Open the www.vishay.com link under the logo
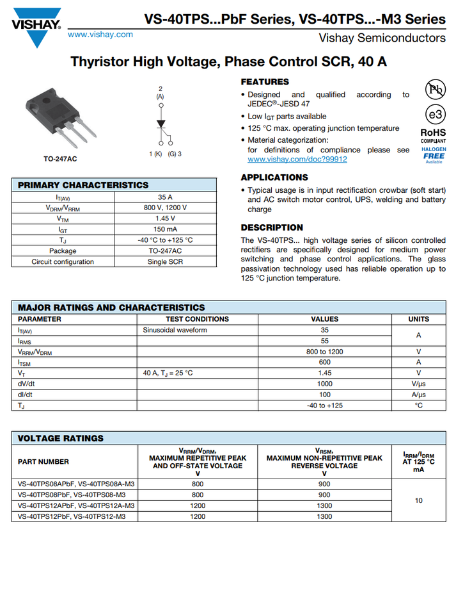100,35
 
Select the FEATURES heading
265,82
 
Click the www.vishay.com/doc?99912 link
297,159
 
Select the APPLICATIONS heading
274,177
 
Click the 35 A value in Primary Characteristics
166,197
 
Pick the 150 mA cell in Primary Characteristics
166,229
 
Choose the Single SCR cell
166,262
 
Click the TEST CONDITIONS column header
197,319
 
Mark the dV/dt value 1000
324,384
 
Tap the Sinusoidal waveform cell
175,330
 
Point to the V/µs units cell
418,384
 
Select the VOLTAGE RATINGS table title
60,439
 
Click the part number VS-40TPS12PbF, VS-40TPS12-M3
72,516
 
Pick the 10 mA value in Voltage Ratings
418,500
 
